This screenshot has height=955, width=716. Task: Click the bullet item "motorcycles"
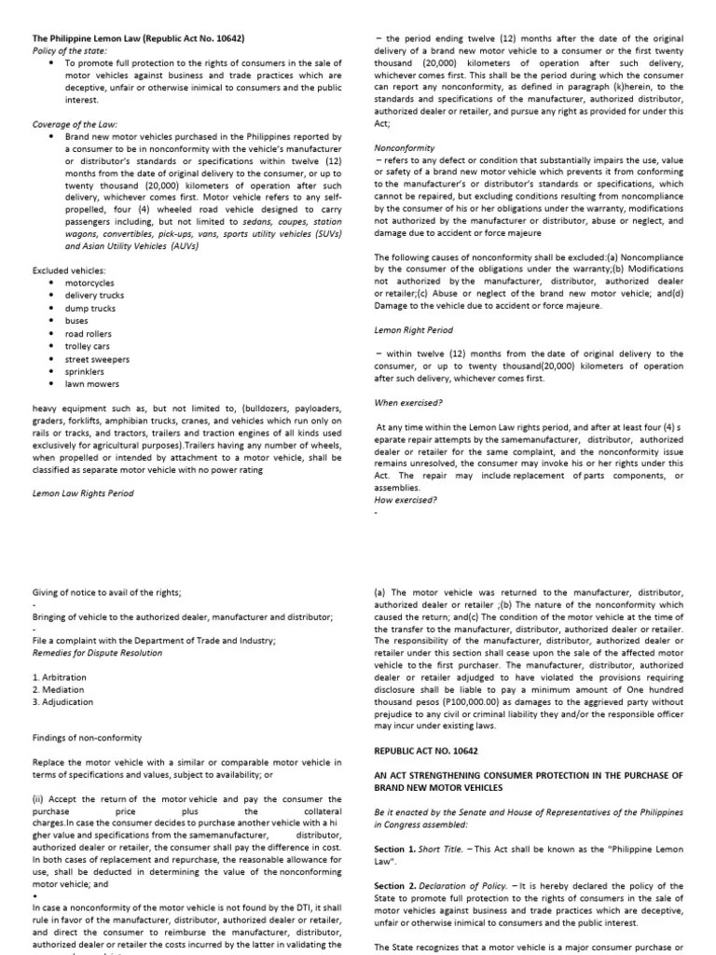click(89, 282)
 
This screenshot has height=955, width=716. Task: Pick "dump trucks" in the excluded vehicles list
click(89, 308)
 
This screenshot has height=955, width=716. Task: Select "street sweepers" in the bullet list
click(97, 359)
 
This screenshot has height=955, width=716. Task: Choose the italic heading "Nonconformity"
click(405, 147)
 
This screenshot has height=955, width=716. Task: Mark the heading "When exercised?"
click(408, 403)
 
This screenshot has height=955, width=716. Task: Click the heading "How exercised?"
click(406, 499)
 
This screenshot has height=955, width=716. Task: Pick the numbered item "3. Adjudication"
click(63, 701)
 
